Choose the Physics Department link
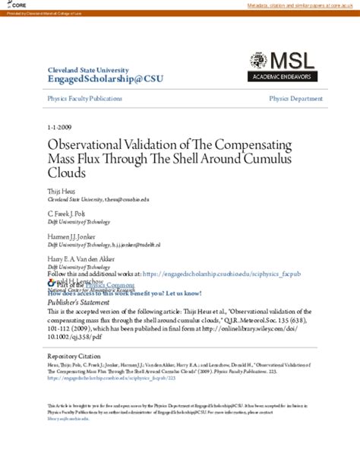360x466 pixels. [295, 99]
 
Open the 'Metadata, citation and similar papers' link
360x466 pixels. [302, 6]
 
